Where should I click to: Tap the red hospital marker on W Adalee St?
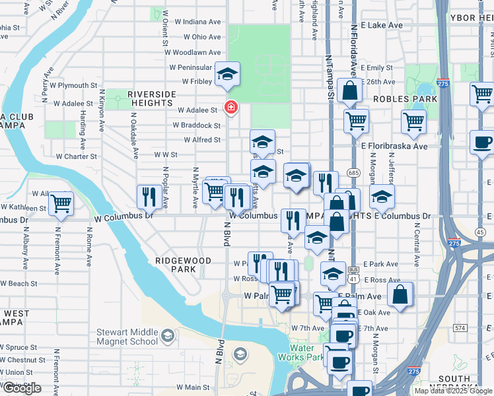pos(230,107)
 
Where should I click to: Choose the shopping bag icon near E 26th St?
pos(349,91)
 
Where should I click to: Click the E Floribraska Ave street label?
pos(394,147)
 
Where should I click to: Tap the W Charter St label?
pos(77,157)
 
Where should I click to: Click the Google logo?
pos(22,388)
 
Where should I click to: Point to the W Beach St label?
pos(19,284)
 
